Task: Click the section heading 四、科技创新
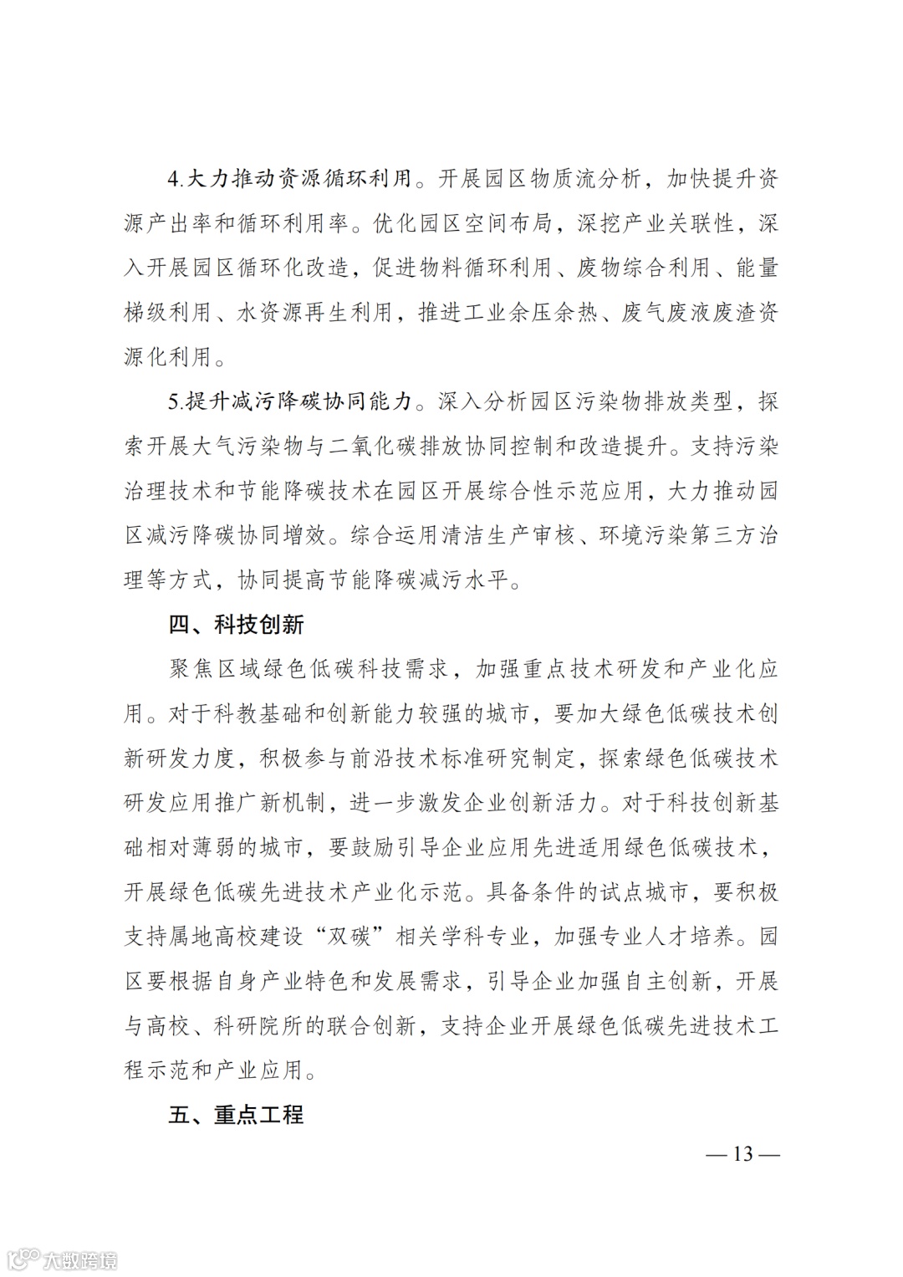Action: coord(236,625)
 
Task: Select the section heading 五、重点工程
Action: coord(236,1115)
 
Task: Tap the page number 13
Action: coord(742,1154)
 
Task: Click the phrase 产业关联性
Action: coord(677,223)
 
